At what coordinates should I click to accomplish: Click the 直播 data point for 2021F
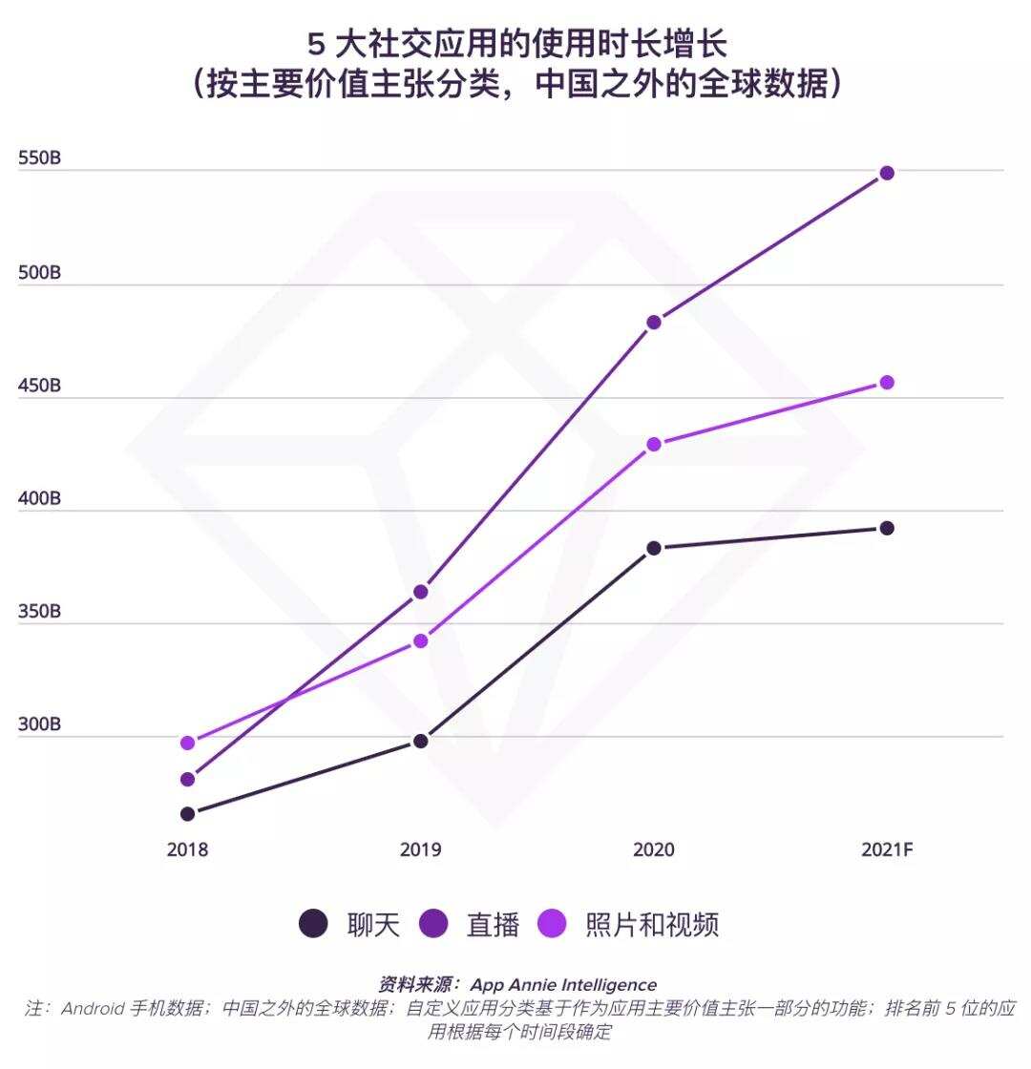887,173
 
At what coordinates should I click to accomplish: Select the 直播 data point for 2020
654,323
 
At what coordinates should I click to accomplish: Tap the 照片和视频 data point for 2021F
887,383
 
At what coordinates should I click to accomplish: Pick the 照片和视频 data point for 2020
654,444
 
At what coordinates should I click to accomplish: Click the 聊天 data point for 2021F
887,528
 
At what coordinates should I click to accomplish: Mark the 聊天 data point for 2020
654,548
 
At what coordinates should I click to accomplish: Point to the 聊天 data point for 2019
420,741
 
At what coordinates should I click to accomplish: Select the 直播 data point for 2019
420,592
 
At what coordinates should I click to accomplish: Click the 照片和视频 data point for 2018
187,743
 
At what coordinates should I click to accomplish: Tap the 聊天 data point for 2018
187,814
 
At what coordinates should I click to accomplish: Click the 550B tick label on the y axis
39,159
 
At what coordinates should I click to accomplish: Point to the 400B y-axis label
39,499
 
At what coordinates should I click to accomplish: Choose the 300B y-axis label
39,725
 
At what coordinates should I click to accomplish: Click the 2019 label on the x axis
420,849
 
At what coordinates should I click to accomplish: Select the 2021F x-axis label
887,849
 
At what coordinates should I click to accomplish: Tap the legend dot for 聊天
313,924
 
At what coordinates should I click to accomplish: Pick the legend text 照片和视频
652,924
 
